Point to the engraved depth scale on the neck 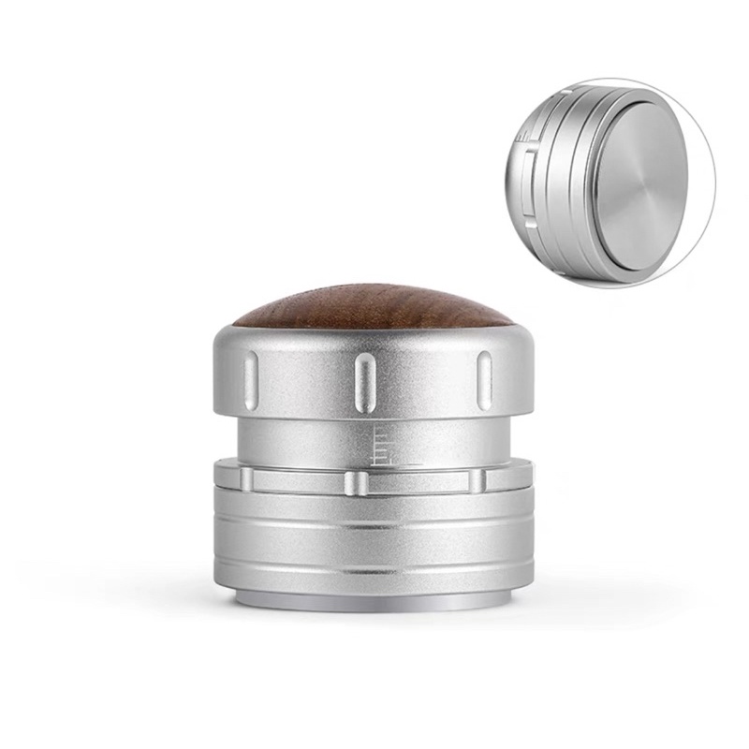coord(384,446)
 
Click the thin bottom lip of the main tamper coord(374,599)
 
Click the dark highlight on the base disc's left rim coord(605,187)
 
